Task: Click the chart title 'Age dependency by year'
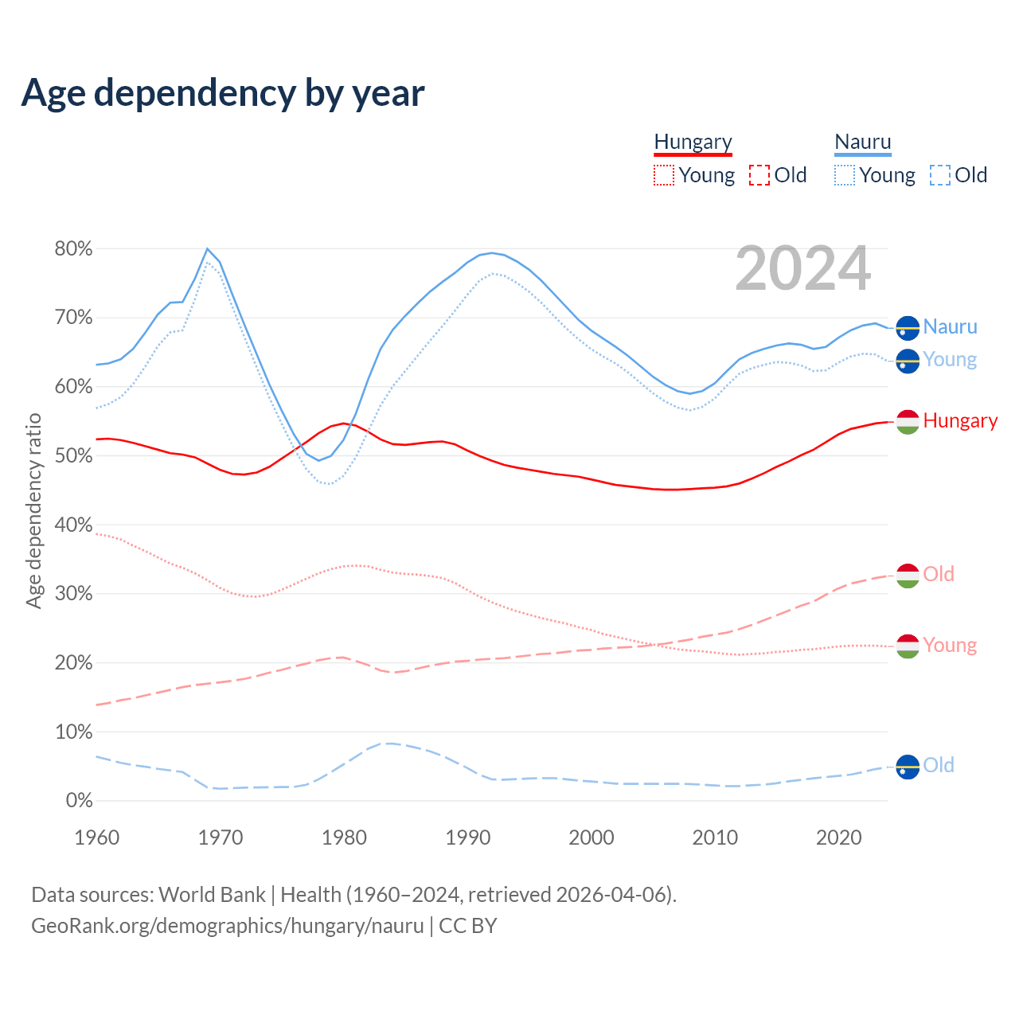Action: coord(223,93)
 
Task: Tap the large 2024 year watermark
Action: coord(802,268)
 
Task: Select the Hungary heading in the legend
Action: coord(693,142)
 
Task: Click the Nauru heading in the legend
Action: coord(863,142)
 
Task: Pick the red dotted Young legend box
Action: coord(663,175)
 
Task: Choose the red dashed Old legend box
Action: coord(759,175)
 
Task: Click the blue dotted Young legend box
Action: coord(845,175)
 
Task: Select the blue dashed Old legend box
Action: coord(940,175)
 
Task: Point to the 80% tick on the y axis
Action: coord(73,249)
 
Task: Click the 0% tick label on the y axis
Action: coord(79,801)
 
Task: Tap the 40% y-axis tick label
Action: coord(73,525)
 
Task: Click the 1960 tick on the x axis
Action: coord(96,837)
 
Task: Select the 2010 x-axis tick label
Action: coord(715,837)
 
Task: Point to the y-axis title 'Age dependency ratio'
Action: coord(33,510)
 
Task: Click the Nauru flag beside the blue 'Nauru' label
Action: coord(908,327)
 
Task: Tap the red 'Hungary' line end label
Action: coord(960,421)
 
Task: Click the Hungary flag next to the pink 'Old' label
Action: coord(908,575)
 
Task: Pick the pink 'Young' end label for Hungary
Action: coord(950,646)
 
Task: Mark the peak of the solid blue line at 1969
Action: coord(207,249)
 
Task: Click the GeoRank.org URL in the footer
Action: coord(228,926)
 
